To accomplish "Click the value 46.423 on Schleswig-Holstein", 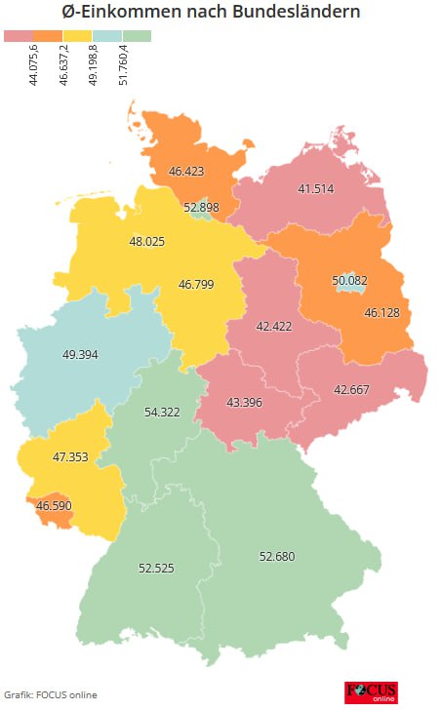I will coord(187,171).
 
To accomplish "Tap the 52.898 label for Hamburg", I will coord(202,207).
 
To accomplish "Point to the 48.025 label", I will coord(147,240).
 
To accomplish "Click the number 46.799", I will coord(197,285).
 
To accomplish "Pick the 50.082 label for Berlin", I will coord(350,280).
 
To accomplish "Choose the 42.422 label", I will coord(274,326).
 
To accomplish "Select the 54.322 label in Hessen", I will coord(163,413).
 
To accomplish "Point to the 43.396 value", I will coord(244,402).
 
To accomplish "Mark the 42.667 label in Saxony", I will coord(352,389).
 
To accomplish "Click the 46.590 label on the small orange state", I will coord(55,506).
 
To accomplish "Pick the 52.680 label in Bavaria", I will coord(277,556).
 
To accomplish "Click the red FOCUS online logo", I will coord(370,692).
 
